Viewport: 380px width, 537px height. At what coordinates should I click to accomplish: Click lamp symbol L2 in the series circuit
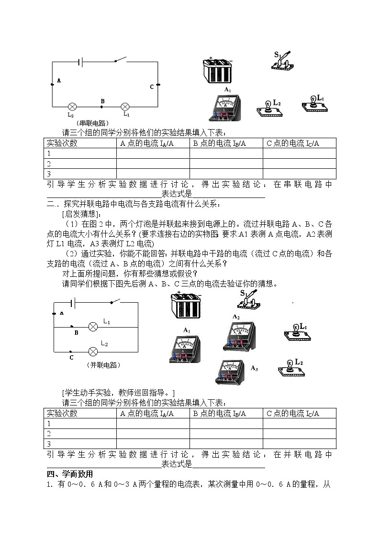coord(72,106)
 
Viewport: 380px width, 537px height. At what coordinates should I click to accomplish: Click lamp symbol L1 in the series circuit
coord(125,106)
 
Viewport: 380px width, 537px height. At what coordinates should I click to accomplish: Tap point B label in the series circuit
coord(102,101)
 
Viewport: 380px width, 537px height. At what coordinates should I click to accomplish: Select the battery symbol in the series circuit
coord(82,61)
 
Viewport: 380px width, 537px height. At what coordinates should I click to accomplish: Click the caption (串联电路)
coord(94,123)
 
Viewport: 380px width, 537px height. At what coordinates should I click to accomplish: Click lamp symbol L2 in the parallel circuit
coord(93,351)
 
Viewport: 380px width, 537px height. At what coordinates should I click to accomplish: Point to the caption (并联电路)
coord(104,365)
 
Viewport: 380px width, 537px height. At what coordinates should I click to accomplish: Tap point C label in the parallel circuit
coord(71,357)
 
